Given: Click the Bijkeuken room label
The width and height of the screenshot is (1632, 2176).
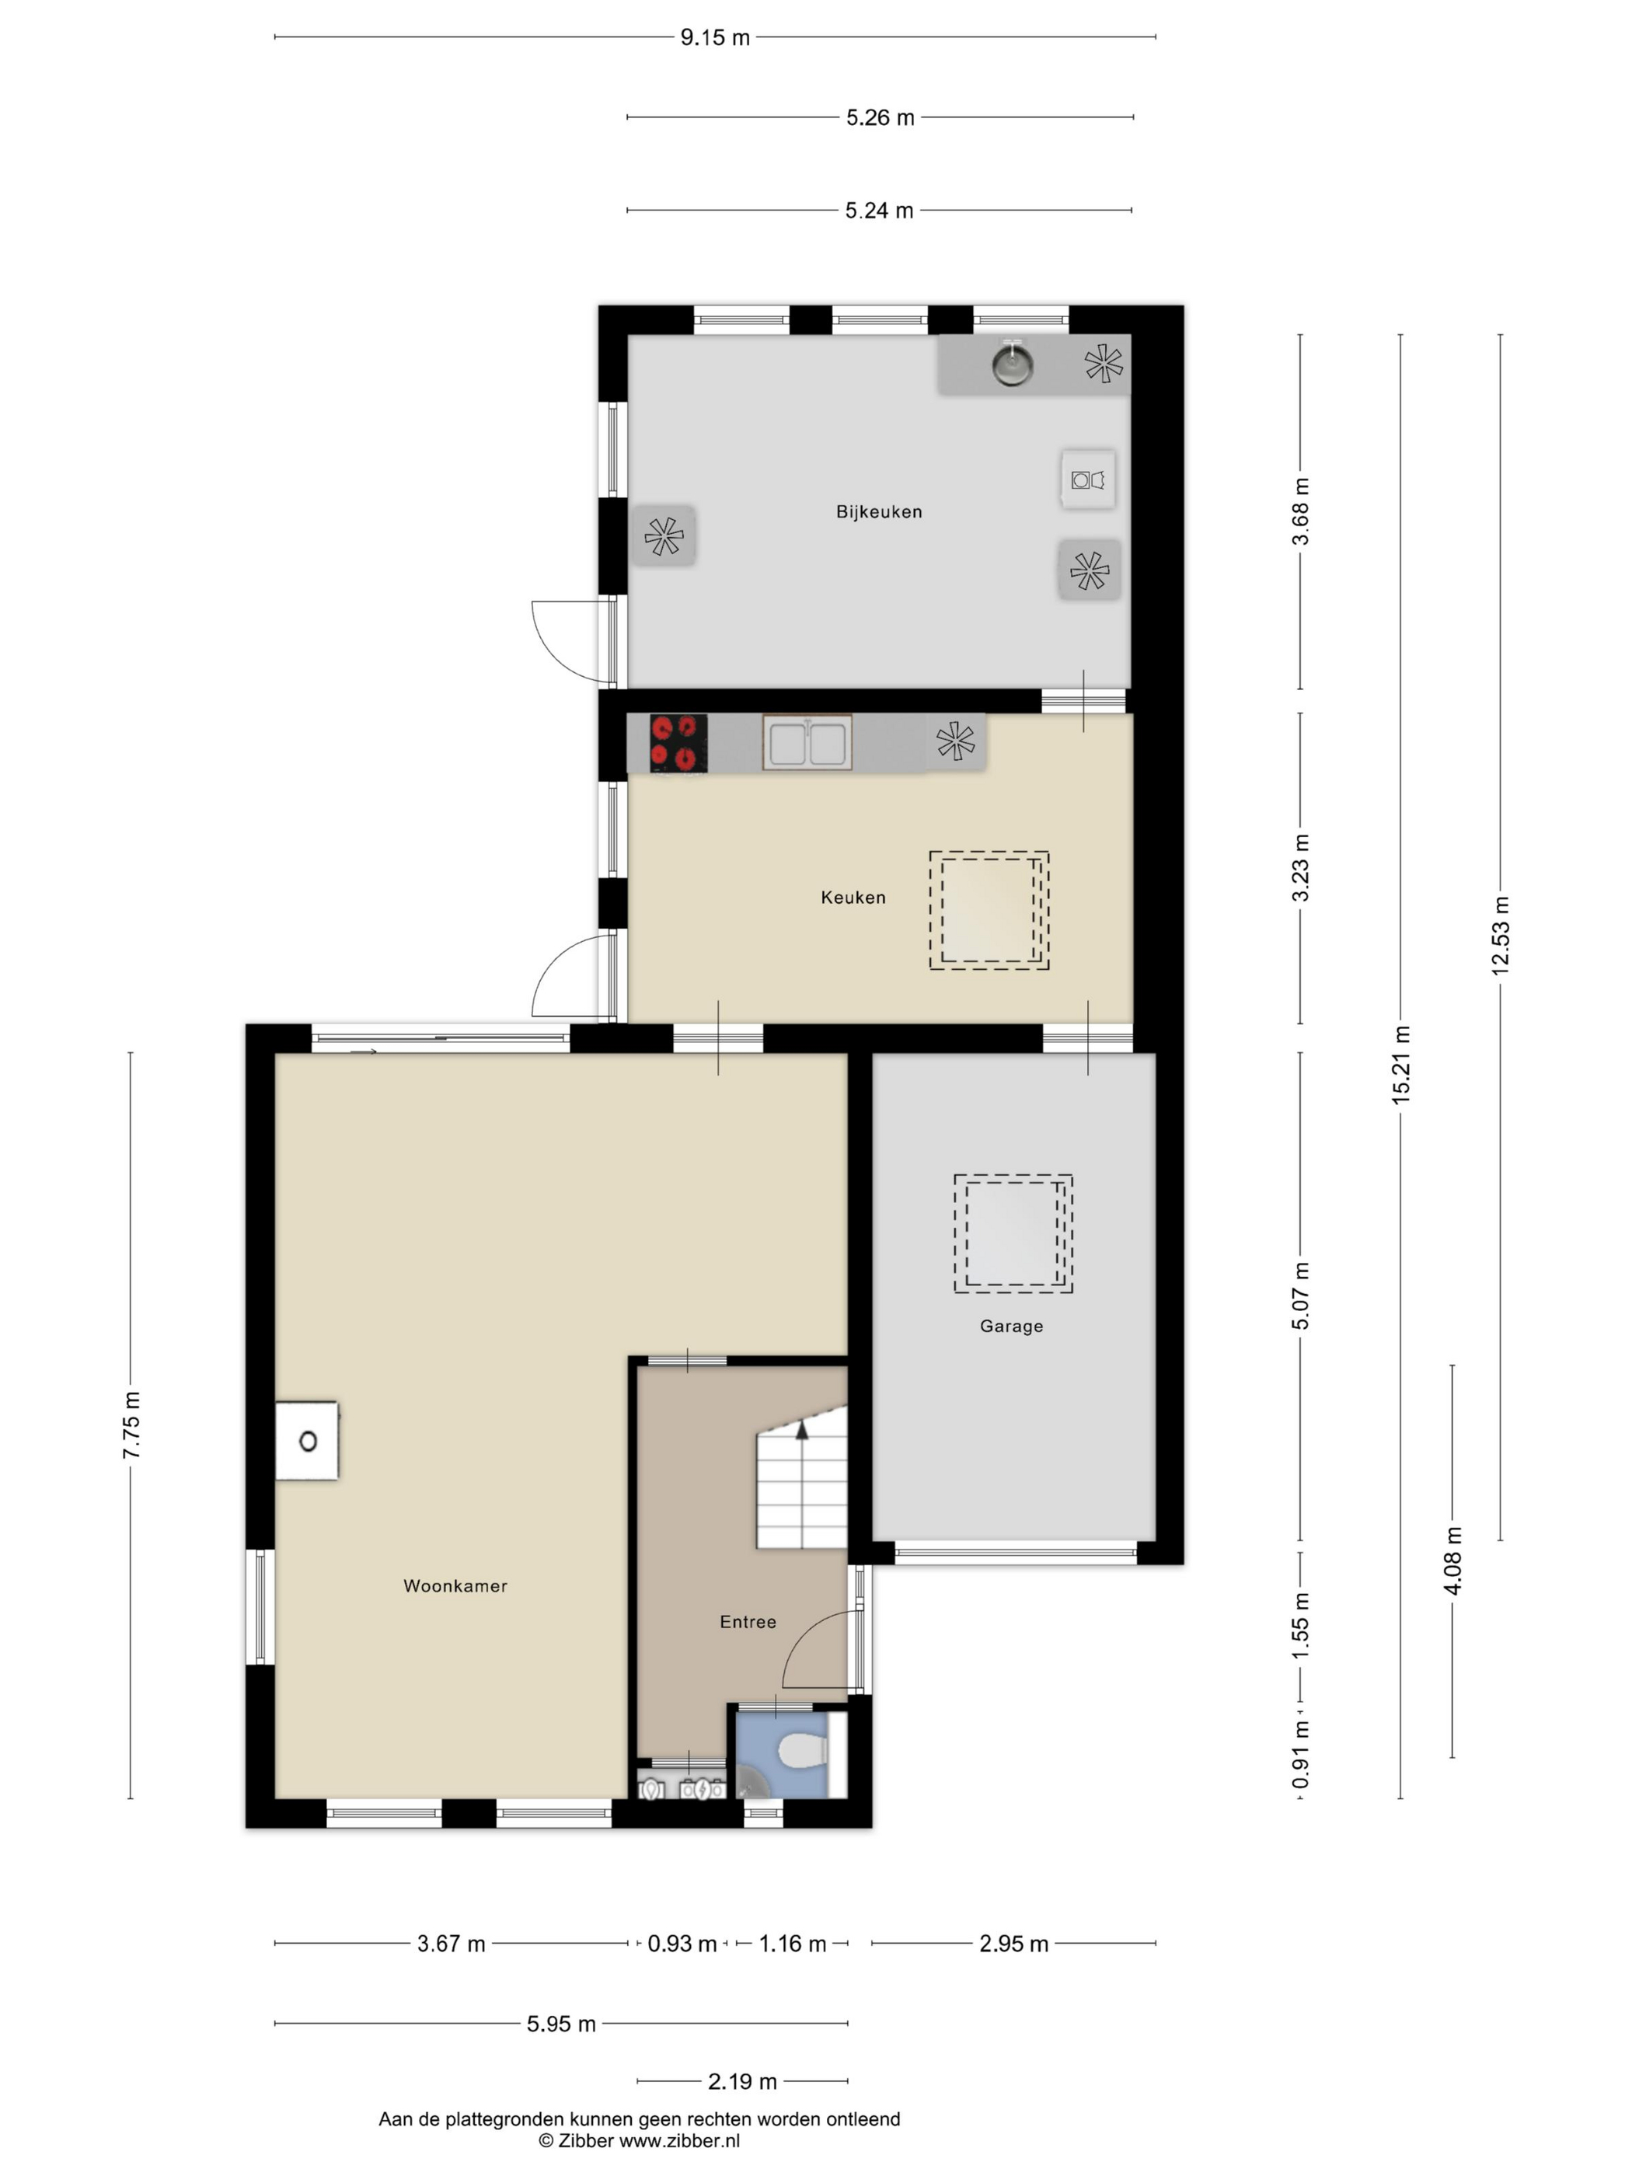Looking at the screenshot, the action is coord(878,511).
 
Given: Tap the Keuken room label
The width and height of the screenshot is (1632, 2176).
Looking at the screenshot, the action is coord(853,897).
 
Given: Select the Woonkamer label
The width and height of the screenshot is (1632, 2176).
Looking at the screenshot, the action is coord(455,1586).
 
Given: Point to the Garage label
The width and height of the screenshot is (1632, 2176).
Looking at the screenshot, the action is coord(1011,1326).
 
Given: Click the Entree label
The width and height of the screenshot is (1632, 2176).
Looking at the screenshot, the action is coord(748,1622).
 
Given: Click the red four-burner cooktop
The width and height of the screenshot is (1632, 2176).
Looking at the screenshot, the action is coord(678,743).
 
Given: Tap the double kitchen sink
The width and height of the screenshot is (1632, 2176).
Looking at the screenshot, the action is coord(807,743).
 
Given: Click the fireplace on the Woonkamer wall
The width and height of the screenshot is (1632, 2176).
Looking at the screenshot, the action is coord(307,1441).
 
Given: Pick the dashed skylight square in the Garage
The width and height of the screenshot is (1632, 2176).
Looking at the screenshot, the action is coord(1013,1233).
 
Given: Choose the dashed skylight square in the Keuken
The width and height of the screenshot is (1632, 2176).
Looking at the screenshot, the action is coord(989,911).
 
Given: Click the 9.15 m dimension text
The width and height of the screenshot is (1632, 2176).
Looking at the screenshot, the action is coord(715,37).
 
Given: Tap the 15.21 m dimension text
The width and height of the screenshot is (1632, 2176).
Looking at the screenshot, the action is coord(1401,1065).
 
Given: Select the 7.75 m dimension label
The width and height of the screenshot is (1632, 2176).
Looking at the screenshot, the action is coord(131,1425).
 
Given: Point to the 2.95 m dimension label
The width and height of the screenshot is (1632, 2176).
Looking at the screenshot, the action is coord(1013,1944).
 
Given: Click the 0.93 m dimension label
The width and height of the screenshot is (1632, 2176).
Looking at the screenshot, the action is coord(682,1944).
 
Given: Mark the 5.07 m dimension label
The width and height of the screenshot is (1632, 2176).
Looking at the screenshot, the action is coord(1300,1296).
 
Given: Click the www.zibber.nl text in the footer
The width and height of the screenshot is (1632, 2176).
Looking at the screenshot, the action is coord(678,2140).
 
